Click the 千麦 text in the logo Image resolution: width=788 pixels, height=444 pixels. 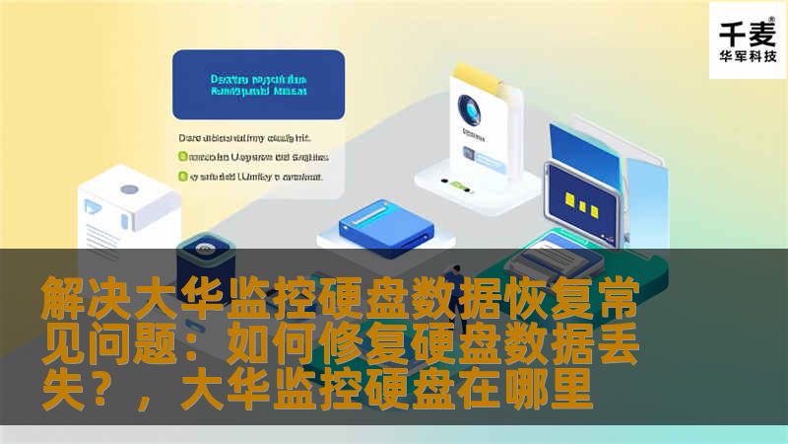click(x=748, y=31)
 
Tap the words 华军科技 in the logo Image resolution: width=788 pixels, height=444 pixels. click(x=748, y=56)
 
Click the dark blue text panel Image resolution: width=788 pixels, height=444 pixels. click(x=258, y=85)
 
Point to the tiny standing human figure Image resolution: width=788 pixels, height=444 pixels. click(x=456, y=285)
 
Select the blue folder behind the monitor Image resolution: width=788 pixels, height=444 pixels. click(x=591, y=148)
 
